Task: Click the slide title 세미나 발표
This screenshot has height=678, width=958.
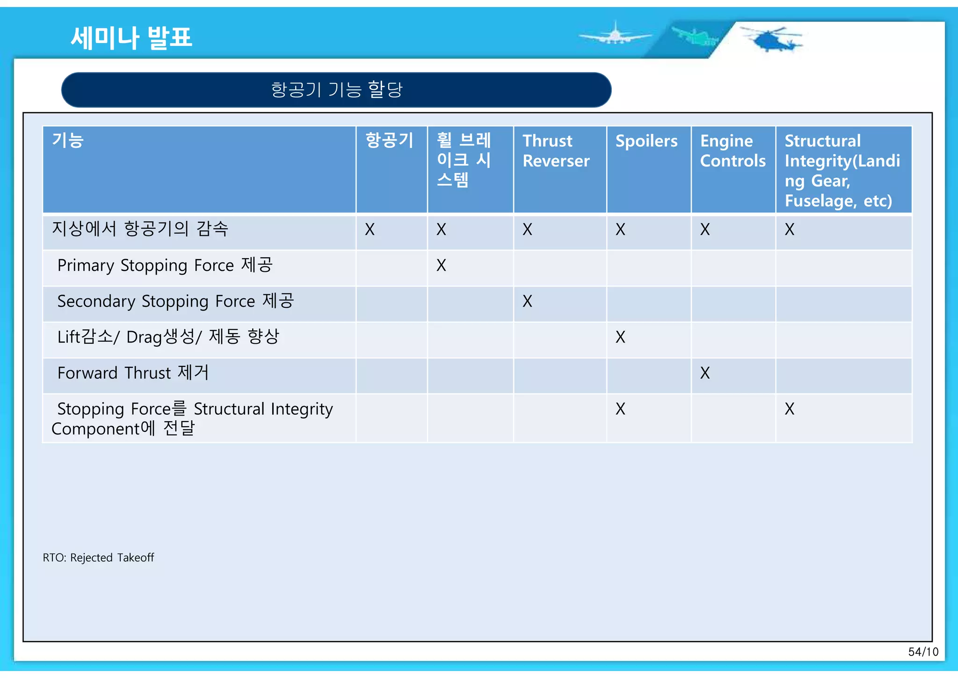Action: [131, 37]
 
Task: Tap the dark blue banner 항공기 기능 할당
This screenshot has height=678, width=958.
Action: [336, 89]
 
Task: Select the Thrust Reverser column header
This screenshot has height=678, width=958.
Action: [556, 151]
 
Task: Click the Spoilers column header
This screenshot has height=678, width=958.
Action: [646, 141]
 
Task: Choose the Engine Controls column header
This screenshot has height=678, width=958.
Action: [732, 151]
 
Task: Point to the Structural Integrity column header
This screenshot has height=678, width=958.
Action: [842, 170]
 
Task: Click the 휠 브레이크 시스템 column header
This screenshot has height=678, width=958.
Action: [464, 160]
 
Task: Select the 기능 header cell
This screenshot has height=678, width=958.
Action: [68, 140]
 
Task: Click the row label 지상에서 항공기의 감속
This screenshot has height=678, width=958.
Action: [140, 229]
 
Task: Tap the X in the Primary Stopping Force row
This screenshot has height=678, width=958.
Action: [441, 265]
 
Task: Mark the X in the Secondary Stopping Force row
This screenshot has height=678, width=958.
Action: [527, 301]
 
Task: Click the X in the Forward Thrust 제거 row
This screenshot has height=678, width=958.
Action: [704, 373]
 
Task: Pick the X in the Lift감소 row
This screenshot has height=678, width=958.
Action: [620, 337]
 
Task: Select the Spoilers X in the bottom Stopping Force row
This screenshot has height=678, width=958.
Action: [620, 409]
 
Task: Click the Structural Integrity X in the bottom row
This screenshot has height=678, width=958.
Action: [789, 409]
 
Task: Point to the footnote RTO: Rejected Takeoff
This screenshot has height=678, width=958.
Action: [98, 558]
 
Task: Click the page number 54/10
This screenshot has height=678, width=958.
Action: [923, 652]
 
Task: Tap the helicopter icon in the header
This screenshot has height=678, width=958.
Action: [772, 39]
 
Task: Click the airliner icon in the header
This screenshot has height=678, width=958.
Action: [615, 35]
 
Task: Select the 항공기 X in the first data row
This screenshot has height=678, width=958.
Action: [370, 229]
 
